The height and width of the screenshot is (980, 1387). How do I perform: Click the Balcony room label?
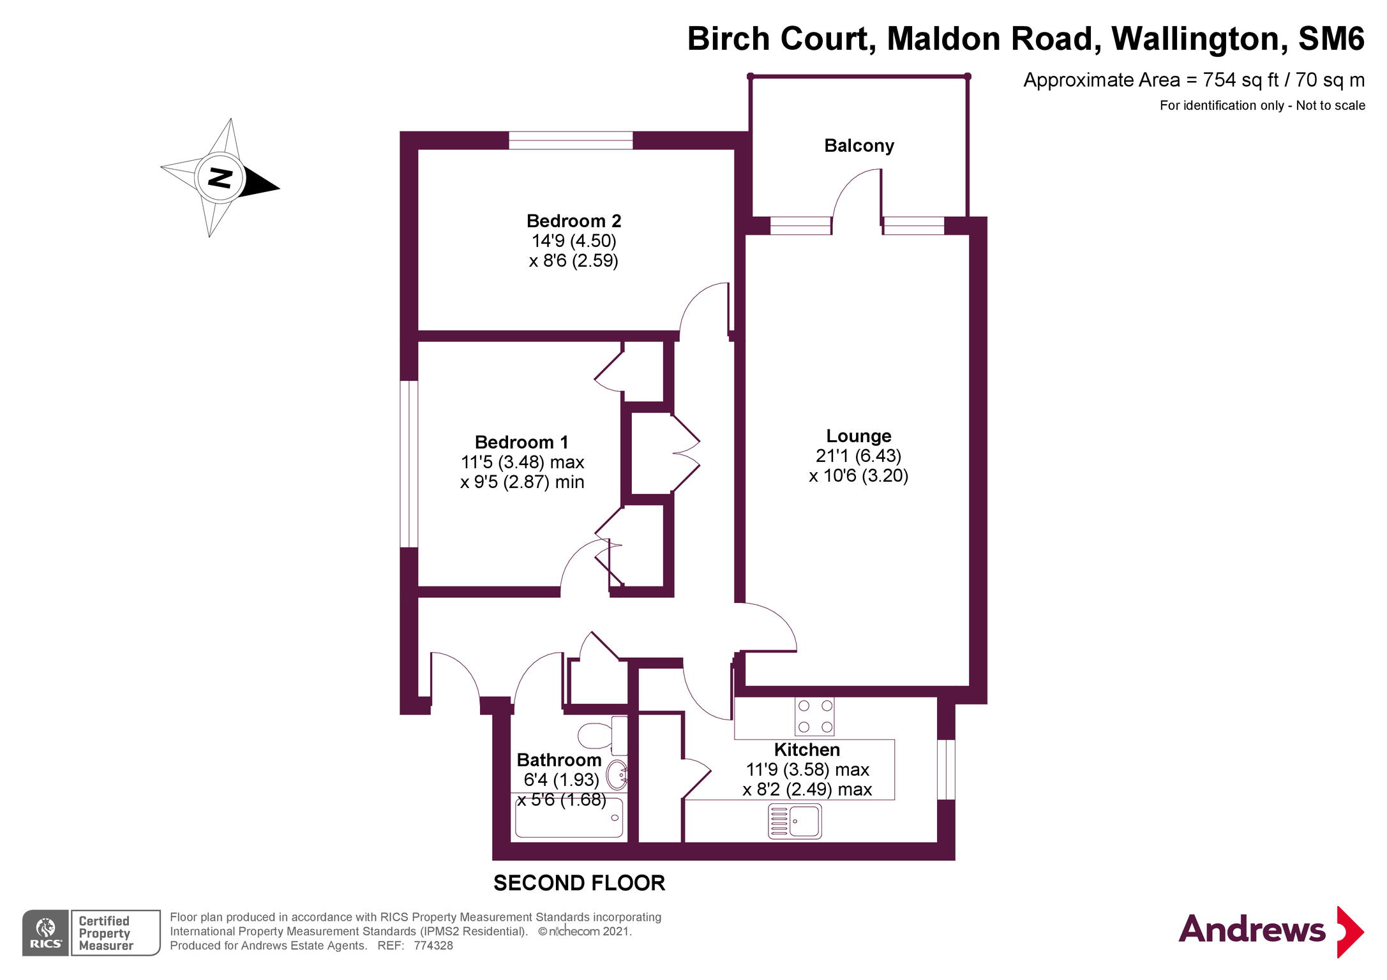point(858,146)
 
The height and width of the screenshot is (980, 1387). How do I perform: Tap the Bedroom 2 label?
point(573,221)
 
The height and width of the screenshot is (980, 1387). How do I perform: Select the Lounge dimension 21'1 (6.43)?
point(858,456)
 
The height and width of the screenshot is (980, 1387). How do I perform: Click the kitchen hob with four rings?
point(814,716)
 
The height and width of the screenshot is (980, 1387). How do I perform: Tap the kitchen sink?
point(795,820)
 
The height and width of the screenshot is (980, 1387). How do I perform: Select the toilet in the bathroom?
point(601,736)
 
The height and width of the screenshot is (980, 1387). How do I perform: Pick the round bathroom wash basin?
point(617,775)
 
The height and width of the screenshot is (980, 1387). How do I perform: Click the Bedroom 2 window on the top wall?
point(570,140)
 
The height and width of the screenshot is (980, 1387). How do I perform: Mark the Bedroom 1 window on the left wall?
point(409,464)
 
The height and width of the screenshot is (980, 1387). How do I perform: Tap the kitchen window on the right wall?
point(946,769)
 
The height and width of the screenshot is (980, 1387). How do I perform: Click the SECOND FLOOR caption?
point(579,883)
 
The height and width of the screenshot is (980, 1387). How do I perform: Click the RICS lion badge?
point(45,933)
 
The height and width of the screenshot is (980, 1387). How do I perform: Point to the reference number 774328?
point(433,946)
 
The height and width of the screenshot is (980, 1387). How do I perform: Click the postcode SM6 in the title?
point(1331,39)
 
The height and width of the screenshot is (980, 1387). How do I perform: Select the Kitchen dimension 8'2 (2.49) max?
point(807,790)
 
